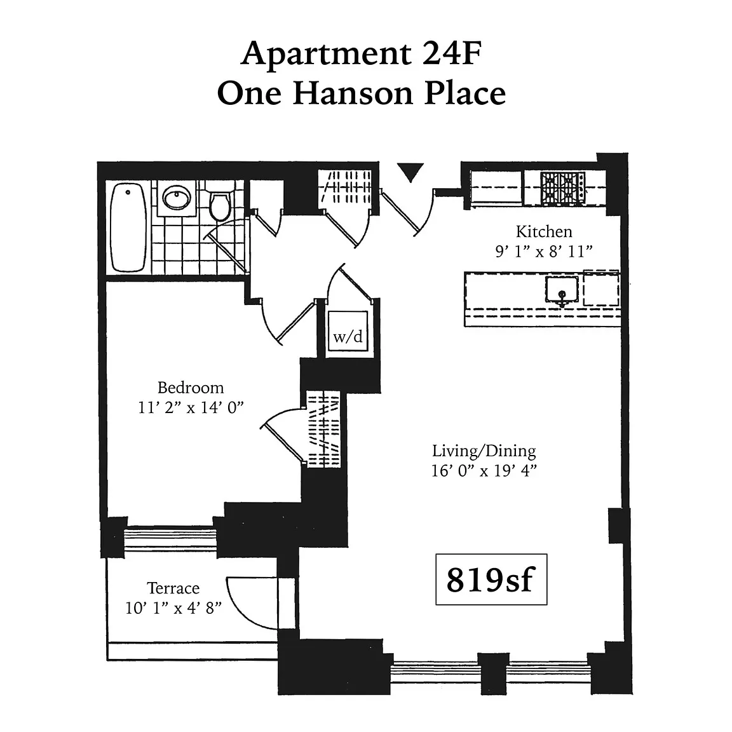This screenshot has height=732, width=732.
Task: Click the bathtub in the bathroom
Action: pos(128,227)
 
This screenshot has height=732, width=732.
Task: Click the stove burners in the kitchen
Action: pos(562,188)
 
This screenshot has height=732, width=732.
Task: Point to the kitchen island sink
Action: pos(562,290)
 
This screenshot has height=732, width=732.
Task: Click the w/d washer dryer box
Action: pos(348,332)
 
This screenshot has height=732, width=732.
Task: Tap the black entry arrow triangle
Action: pos(410,172)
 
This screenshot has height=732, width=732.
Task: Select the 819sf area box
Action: pos(491,579)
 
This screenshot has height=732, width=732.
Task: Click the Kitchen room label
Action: pos(544,231)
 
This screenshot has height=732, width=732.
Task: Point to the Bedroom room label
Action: pos(191,388)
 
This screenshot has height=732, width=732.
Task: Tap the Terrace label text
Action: pos(173,588)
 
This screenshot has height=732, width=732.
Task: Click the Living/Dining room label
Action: pos(484,451)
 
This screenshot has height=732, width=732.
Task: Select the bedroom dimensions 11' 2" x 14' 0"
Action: pos(191,407)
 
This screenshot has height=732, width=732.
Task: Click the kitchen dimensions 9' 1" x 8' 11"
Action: pos(544,252)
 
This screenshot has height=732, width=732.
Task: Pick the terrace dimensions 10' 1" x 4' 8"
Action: pos(173,608)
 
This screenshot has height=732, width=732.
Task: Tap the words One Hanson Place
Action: pos(362,93)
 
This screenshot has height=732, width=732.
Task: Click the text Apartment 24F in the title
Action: pos(362,53)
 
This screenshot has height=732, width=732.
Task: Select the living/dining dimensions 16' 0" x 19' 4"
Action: pos(484,471)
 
